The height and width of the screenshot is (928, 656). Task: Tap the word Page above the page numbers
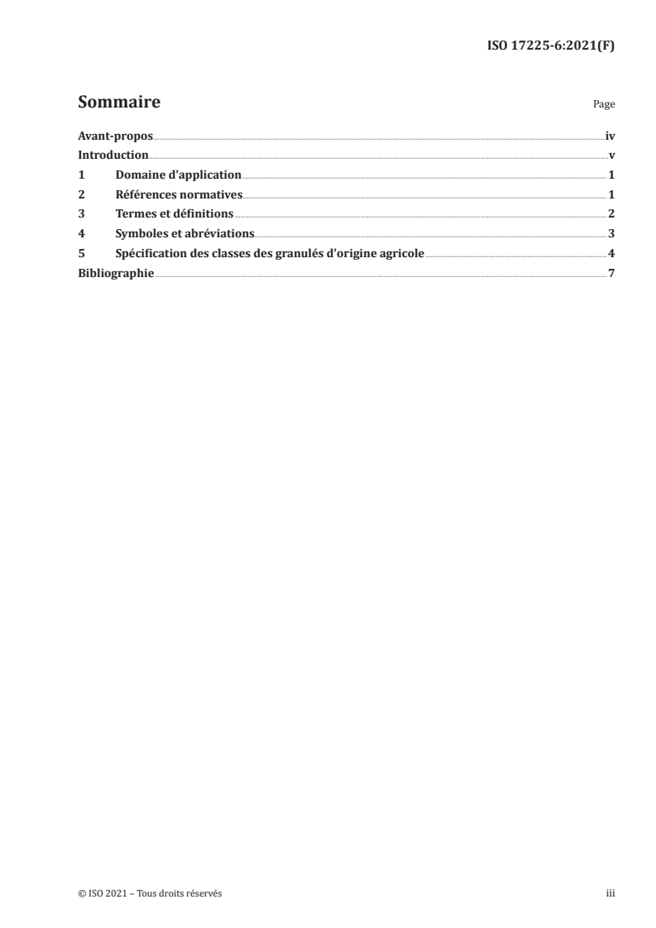(x=604, y=105)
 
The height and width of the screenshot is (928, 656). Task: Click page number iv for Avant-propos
(x=610, y=136)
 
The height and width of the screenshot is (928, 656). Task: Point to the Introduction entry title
(x=113, y=155)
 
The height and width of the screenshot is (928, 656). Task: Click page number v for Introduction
(x=611, y=155)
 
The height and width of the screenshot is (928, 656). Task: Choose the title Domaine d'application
(x=178, y=175)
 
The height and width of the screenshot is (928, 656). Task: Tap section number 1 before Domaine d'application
(x=81, y=175)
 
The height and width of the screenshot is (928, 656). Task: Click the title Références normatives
(x=179, y=194)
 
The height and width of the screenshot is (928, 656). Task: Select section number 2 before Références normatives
(x=81, y=194)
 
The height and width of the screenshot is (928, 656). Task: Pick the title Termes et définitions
(x=175, y=214)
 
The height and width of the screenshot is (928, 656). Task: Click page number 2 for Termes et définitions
(x=611, y=214)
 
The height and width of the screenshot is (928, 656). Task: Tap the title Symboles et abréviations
(x=184, y=233)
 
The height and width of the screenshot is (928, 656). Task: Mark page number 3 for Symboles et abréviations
(x=611, y=233)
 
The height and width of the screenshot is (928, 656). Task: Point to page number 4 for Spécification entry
(x=611, y=253)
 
